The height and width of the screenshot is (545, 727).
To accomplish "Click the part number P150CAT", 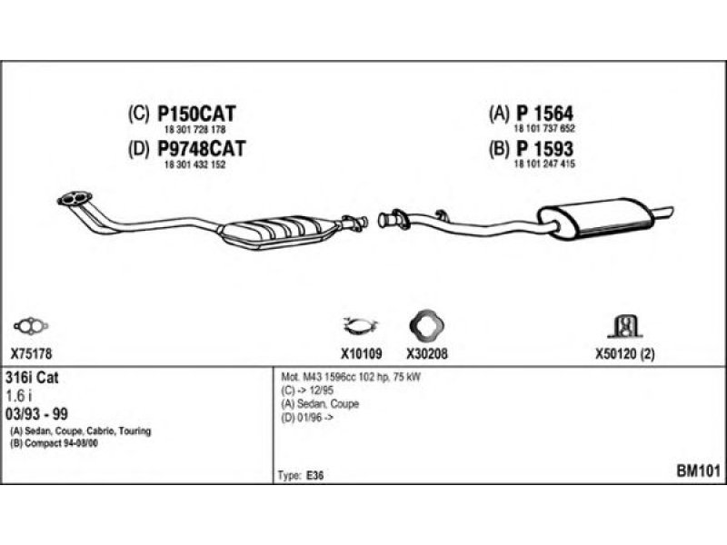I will [x=197, y=114].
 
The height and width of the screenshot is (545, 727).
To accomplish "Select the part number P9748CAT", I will [x=202, y=148].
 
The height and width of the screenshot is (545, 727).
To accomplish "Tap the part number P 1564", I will [x=544, y=114].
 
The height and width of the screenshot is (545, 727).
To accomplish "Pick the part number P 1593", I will [x=544, y=148].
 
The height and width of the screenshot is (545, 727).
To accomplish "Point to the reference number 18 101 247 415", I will [x=546, y=164].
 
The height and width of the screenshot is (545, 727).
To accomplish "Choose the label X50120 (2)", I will [x=625, y=356].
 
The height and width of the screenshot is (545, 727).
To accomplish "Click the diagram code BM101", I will [x=698, y=471].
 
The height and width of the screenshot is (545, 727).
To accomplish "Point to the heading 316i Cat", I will [x=35, y=377].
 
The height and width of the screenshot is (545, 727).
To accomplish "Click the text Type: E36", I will [x=299, y=475].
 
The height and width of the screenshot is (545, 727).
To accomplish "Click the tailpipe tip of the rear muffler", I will [x=667, y=212].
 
